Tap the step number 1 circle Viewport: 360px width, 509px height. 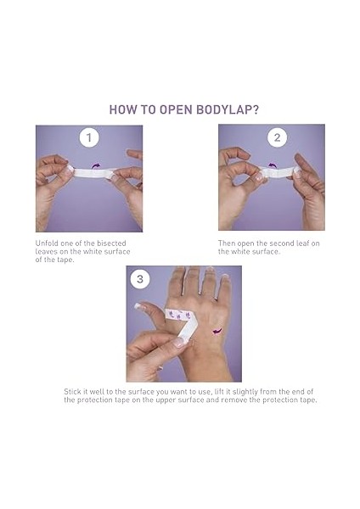[89, 138]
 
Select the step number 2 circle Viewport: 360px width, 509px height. [277, 137]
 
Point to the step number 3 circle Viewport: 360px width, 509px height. [140, 279]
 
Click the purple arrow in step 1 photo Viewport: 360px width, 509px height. [96, 166]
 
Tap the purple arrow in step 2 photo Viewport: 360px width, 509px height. [272, 165]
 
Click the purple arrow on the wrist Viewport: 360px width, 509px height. [217, 331]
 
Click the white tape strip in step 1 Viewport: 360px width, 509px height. [92, 172]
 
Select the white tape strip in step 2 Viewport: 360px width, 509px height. [280, 171]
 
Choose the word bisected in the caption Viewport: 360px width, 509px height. [111, 243]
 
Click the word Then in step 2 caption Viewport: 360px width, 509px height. [227, 243]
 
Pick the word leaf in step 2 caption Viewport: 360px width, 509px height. [302, 243]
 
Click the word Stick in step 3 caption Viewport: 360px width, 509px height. [71, 391]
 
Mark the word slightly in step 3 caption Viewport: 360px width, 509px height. [245, 392]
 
